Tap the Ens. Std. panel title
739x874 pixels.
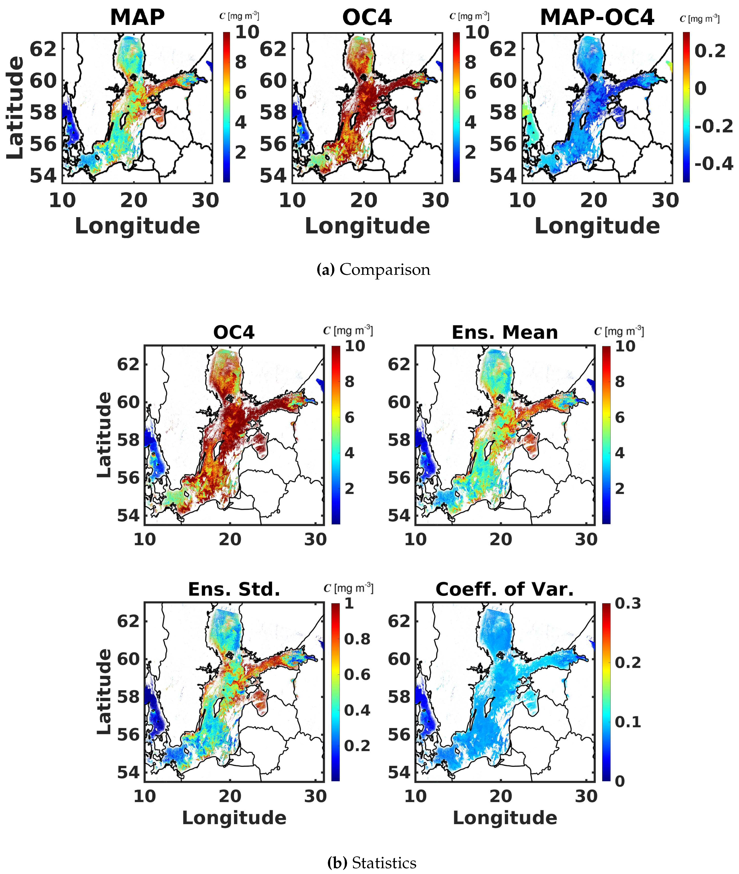234,589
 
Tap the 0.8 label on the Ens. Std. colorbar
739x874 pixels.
357,639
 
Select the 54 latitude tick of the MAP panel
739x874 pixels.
43,175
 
